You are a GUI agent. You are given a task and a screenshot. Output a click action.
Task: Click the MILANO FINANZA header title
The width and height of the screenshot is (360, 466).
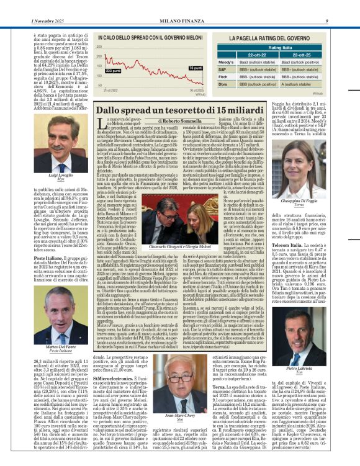(x=179, y=5)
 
